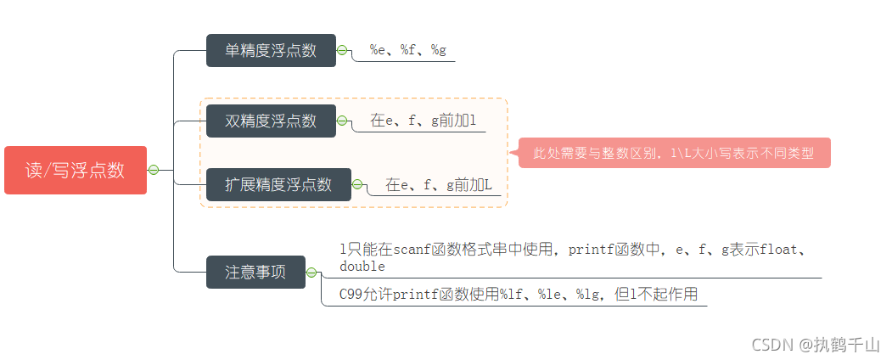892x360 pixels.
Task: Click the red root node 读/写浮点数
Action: (x=75, y=170)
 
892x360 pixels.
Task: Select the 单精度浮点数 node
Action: (x=271, y=50)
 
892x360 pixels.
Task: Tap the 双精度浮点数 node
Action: (x=271, y=121)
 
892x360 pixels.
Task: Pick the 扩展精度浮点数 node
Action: (x=278, y=184)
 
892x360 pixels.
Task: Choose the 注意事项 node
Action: (x=255, y=273)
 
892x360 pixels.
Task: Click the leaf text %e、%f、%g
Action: (x=408, y=50)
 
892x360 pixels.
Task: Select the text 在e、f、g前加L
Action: (x=438, y=184)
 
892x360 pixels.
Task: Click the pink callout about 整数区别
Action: (x=674, y=154)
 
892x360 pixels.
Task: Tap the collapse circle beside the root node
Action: (x=154, y=170)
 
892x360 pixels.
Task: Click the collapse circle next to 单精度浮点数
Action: (x=343, y=50)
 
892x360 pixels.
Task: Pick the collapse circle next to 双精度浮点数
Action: (x=343, y=121)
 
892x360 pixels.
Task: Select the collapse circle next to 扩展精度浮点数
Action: (x=358, y=184)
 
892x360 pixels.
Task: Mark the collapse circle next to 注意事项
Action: (x=312, y=273)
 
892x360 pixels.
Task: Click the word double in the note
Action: (x=362, y=267)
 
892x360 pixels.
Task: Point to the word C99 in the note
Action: (x=351, y=295)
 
